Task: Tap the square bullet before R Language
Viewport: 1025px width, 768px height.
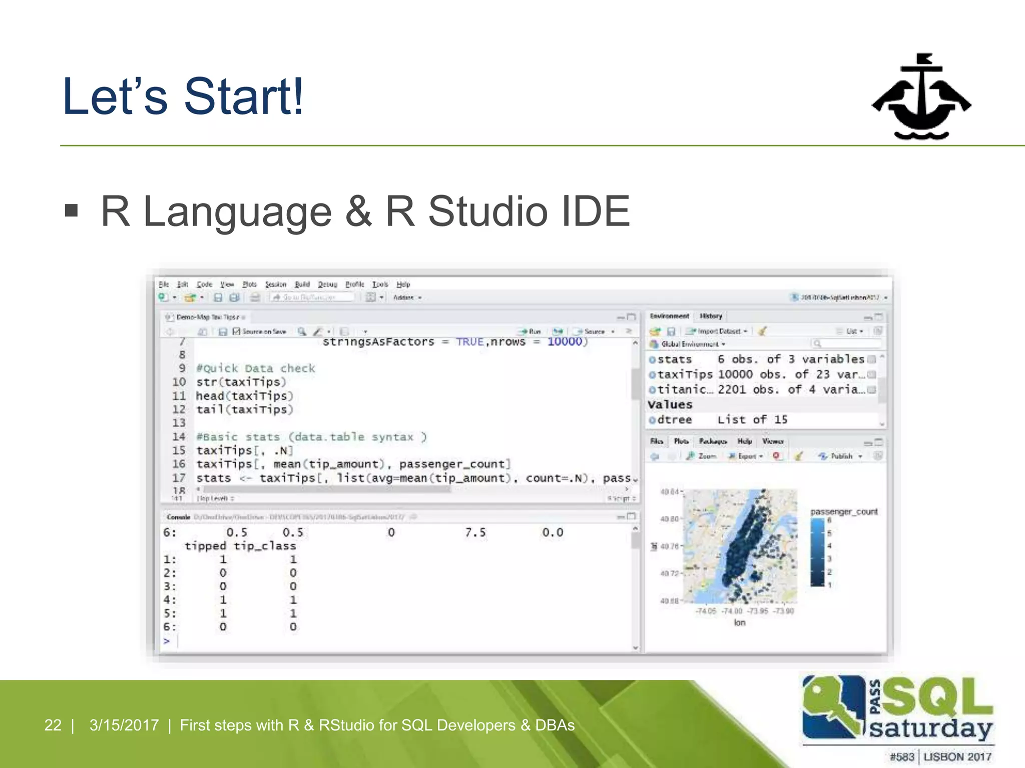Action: point(72,210)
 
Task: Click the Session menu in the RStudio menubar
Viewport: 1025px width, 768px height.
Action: point(275,284)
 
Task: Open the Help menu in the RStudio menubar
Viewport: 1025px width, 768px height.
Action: point(403,284)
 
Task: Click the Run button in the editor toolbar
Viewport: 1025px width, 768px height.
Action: point(531,331)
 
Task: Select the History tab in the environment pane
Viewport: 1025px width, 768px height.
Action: point(711,316)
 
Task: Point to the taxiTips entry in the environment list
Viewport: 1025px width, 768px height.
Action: point(684,374)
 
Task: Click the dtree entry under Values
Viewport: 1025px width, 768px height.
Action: point(674,420)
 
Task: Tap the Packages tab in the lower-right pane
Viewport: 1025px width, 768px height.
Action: point(713,441)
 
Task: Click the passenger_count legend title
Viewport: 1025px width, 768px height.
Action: point(844,512)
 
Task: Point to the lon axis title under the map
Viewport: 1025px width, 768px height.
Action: point(740,622)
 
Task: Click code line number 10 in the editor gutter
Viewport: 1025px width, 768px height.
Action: point(179,382)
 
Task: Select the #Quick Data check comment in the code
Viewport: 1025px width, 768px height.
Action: point(256,368)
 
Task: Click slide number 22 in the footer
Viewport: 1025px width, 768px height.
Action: point(53,725)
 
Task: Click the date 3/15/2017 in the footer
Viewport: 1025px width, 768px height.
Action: point(124,725)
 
